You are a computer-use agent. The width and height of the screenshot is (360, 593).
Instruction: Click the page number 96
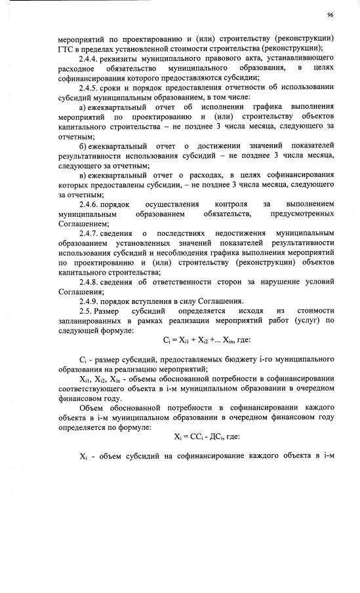click(x=330, y=14)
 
